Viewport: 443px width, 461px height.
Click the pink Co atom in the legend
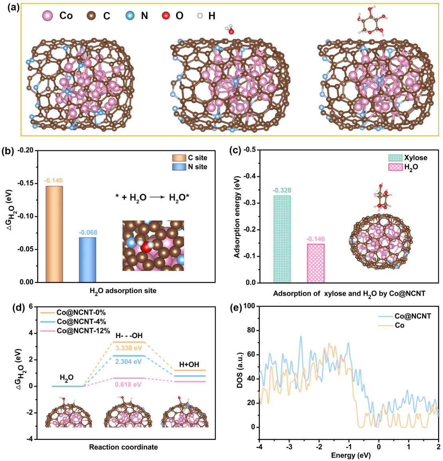pos(48,16)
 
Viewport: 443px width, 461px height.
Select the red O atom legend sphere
pos(166,16)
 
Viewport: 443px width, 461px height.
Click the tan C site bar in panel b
pos(54,234)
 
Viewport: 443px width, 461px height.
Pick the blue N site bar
pos(87,260)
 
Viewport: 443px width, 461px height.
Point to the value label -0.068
pos(88,232)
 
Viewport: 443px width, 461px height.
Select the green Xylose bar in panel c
pos(282,239)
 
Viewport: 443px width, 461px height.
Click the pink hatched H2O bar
pos(315,263)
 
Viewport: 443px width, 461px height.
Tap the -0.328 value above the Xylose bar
pos(282,190)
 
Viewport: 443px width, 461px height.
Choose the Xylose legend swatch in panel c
pos(395,158)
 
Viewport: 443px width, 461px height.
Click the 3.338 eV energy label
pos(129,348)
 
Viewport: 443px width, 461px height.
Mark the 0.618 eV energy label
pos(128,384)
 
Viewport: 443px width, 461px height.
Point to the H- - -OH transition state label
pos(129,335)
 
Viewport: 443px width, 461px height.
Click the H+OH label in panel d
pos(189,364)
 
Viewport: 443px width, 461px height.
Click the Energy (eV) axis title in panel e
pos(348,455)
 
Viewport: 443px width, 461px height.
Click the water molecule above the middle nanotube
pos(229,30)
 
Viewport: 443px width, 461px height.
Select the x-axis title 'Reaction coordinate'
pos(123,447)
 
